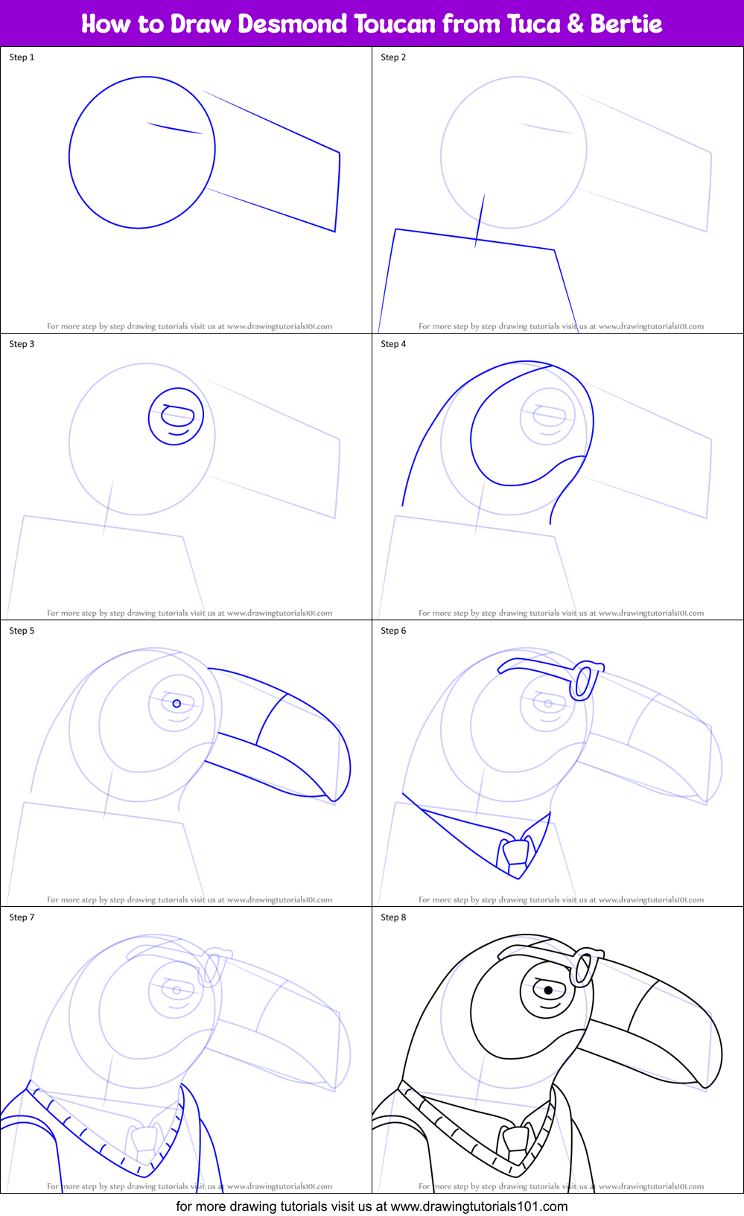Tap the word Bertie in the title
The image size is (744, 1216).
point(626,24)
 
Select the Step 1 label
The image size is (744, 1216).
point(22,57)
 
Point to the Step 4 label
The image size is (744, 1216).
point(393,344)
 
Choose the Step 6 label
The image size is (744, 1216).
point(393,631)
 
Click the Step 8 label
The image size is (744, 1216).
point(393,917)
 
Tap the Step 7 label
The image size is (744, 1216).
point(22,917)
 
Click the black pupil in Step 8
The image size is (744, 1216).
point(549,990)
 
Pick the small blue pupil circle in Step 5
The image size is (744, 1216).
point(177,703)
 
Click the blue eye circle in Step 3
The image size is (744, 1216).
point(177,416)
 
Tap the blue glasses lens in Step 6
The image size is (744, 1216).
point(585,681)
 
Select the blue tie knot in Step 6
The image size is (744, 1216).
point(516,850)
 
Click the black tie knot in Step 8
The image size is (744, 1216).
point(516,1136)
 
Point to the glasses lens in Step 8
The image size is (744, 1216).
point(585,968)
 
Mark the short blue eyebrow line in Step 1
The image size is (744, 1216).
point(175,128)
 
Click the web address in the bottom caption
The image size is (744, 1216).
point(479,1206)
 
